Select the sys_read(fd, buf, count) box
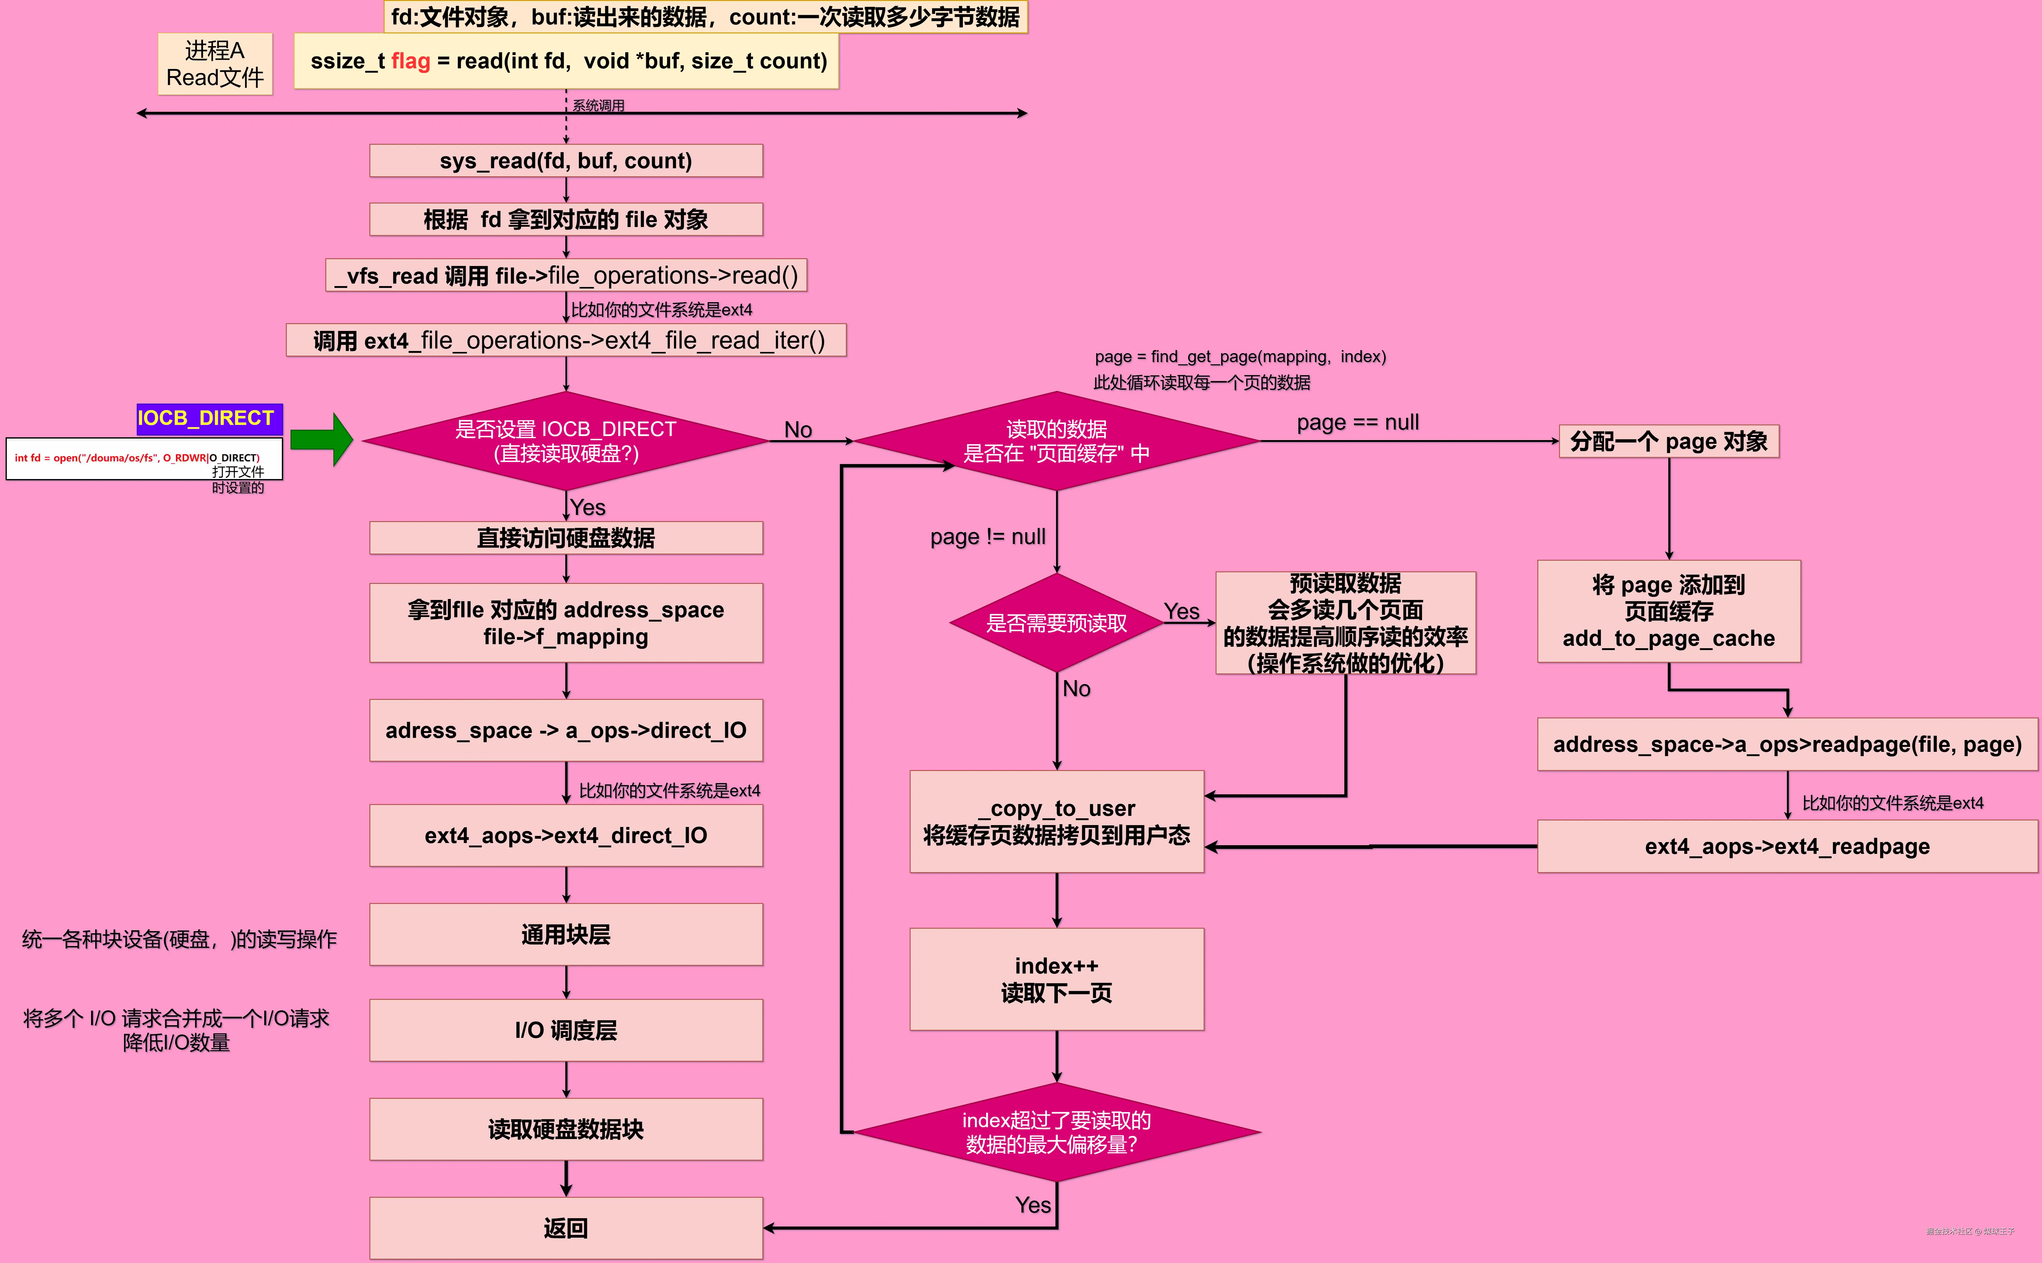[x=566, y=161]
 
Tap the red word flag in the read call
[x=410, y=61]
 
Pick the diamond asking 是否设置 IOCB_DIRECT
[x=566, y=441]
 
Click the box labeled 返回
[x=566, y=1228]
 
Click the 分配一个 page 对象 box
[x=1669, y=441]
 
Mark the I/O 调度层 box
[x=566, y=1030]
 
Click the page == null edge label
[x=1358, y=423]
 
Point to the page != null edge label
[x=988, y=536]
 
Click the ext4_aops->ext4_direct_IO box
[x=566, y=835]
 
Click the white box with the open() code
[x=144, y=459]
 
